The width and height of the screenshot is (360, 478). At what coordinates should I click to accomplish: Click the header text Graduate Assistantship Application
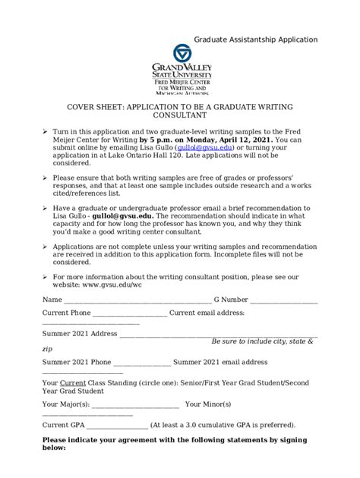pos(255,39)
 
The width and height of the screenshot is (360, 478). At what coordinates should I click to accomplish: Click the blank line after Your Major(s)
pos(136,404)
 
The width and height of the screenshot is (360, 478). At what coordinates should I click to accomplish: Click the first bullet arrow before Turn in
pos(46,131)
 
